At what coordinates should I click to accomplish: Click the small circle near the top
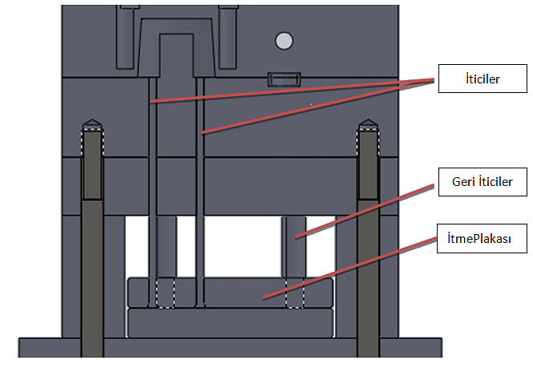click(x=283, y=40)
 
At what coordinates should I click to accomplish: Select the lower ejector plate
click(x=230, y=323)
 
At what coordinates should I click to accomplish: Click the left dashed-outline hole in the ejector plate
click(x=166, y=293)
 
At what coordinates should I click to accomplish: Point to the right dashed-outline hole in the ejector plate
click(x=294, y=293)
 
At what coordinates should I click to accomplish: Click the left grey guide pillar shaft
click(x=91, y=265)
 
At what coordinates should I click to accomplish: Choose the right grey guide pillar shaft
click(x=368, y=265)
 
